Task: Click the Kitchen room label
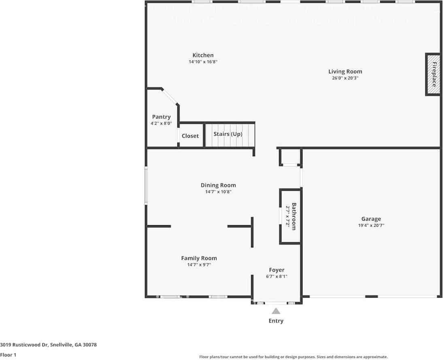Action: [203, 55]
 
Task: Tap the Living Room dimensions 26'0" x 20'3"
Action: [345, 78]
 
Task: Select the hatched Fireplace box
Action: [433, 75]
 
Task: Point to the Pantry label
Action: [161, 117]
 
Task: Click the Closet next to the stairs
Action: [190, 136]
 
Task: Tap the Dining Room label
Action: [218, 185]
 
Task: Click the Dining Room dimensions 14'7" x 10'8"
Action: [218, 192]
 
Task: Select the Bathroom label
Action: [294, 216]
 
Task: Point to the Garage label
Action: [371, 219]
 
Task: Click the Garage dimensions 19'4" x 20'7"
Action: [371, 226]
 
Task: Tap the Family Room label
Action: [199, 258]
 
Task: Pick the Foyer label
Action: [277, 270]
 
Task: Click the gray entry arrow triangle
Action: [276, 311]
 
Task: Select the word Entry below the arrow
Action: [276, 321]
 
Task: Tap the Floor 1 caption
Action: [9, 355]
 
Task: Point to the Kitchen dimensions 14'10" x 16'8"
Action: [203, 62]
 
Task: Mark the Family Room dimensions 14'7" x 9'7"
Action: [199, 265]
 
